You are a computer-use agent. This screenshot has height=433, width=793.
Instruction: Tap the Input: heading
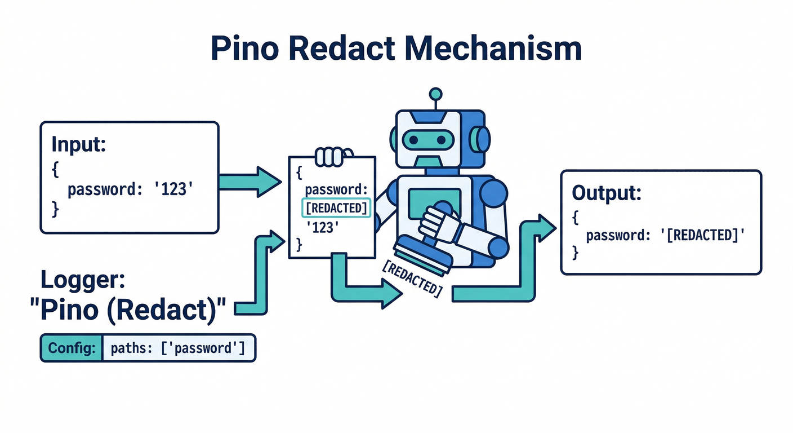coord(79,145)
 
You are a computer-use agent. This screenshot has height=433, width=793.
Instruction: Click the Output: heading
coord(607,193)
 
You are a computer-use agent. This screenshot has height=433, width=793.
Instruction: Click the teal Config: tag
coord(72,348)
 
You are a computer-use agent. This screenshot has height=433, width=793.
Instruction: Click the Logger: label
coord(83,280)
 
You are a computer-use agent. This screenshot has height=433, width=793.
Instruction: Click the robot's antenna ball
coord(435,94)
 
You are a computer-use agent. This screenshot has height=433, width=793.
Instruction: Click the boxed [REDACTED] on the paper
coord(336,209)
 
